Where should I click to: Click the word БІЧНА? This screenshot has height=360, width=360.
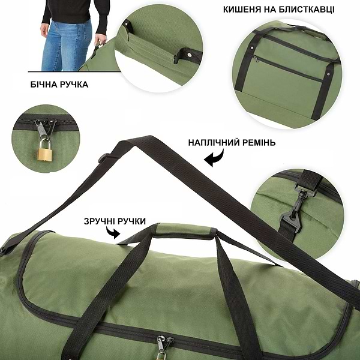[x=43, y=85]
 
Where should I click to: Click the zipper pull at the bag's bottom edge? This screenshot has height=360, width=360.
[x=161, y=346]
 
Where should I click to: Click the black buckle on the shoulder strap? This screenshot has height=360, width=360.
[x=103, y=160]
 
